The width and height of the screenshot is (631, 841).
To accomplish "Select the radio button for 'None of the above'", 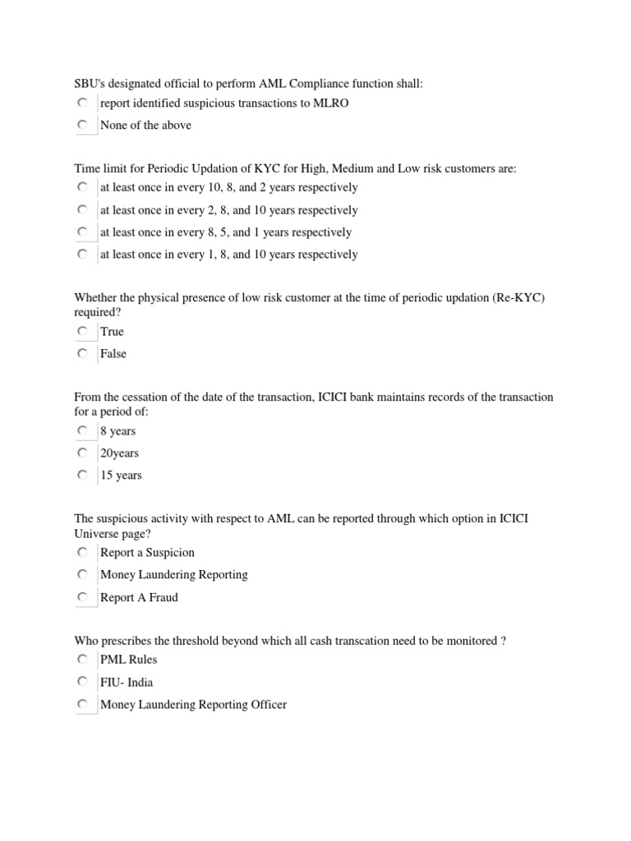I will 82,125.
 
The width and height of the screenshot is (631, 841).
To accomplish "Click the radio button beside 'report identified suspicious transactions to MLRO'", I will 82,103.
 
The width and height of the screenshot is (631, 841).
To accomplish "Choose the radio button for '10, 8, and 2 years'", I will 82,187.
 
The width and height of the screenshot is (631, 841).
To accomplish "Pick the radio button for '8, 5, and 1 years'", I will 82,232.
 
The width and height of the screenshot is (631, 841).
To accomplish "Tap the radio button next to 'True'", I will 82,331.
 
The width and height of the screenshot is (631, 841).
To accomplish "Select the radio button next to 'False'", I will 82,353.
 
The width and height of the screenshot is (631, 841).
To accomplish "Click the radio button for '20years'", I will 82,453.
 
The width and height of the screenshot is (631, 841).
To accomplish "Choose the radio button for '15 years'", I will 82,475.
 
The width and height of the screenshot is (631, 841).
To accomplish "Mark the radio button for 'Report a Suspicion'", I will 82,552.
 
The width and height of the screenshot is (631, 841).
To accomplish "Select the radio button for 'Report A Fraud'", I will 82,597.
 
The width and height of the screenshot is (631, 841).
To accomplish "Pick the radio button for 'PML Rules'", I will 82,659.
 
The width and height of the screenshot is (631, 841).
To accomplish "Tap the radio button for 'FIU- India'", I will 82,682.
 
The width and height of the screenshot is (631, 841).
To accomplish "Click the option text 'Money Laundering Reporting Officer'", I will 193,705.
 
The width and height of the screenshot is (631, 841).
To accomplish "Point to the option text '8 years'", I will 117,431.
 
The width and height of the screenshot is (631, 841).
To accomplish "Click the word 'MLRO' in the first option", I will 320,103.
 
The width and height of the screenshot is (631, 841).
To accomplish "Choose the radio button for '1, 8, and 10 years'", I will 82,255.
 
